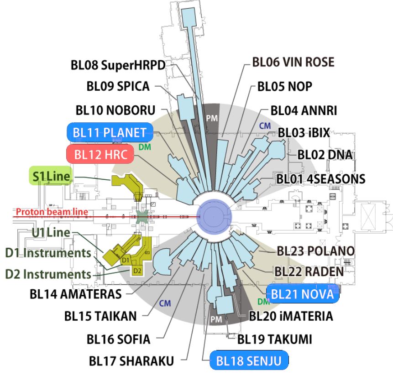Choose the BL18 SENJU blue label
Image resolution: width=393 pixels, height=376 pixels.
tap(249, 361)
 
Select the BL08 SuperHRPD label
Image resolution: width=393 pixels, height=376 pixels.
tap(118, 66)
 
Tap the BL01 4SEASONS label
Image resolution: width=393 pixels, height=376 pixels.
tap(321, 178)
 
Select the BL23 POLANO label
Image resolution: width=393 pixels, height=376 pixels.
tap(310, 251)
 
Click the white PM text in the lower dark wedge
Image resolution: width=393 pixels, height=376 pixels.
tap(216, 320)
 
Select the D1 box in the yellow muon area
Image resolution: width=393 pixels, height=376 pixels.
tap(126, 260)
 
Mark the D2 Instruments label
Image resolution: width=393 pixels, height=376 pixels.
tap(48, 274)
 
